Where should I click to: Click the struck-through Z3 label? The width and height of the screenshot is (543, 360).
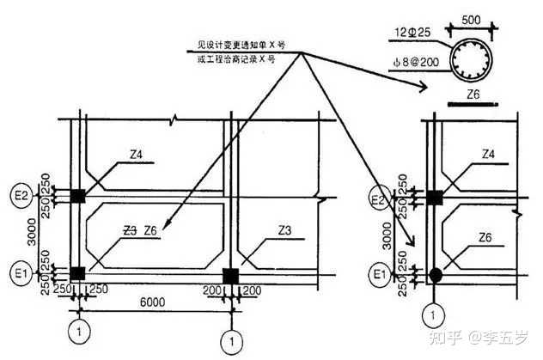pyautogui.click(x=130, y=229)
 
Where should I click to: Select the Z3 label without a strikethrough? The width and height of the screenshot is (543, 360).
pyautogui.click(x=286, y=229)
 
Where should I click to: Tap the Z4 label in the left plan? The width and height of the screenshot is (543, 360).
pyautogui.click(x=136, y=155)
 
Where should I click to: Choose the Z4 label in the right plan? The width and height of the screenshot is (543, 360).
pyautogui.click(x=488, y=155)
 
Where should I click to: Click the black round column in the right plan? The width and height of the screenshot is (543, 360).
pyautogui.click(x=436, y=275)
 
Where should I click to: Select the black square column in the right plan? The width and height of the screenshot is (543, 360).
pyautogui.click(x=436, y=198)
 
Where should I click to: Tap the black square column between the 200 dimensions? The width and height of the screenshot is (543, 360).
pyautogui.click(x=229, y=275)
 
